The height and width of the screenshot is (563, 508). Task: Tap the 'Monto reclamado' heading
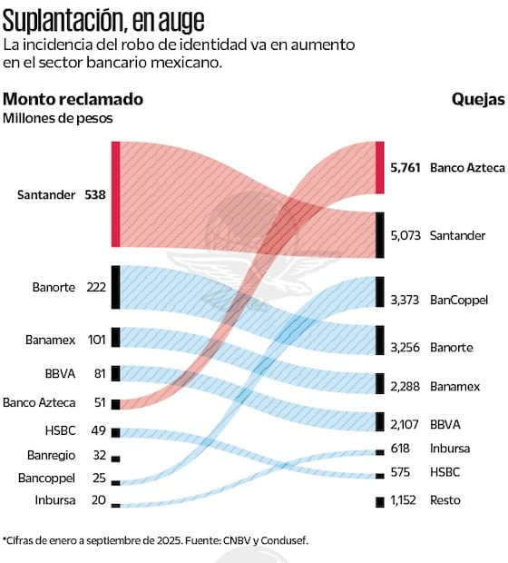click(x=73, y=99)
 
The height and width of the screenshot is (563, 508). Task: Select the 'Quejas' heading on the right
click(x=478, y=99)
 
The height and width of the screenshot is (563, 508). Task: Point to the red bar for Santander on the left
click(x=115, y=194)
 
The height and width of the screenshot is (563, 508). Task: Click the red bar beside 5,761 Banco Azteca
click(x=380, y=167)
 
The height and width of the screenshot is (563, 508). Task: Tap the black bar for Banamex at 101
click(x=115, y=339)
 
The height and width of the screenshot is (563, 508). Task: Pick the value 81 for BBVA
click(x=99, y=372)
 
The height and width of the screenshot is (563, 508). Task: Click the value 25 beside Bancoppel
click(x=99, y=478)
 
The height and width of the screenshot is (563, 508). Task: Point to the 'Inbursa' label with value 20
click(x=55, y=500)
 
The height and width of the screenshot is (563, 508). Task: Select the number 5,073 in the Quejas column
click(x=405, y=235)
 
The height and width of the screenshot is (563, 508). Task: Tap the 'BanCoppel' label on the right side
click(x=459, y=300)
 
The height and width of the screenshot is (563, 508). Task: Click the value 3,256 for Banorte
click(x=405, y=347)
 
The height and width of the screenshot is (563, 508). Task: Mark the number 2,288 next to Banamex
click(x=405, y=386)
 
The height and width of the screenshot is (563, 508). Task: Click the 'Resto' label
click(x=445, y=500)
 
